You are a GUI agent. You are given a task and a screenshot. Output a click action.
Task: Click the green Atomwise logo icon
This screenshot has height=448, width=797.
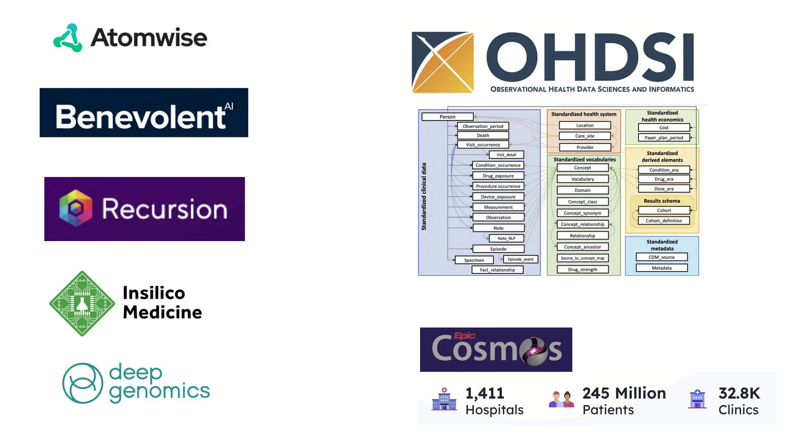coord(68,38)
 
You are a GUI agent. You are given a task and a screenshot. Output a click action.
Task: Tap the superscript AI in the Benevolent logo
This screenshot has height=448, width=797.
coord(229,106)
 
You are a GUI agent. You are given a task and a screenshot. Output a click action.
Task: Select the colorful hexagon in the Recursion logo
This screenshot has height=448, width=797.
coord(76,208)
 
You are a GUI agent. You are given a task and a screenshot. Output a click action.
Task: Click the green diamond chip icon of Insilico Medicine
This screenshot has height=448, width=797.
coord(82,304)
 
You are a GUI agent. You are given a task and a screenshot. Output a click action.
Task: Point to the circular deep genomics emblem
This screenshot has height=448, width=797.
coord(83,383)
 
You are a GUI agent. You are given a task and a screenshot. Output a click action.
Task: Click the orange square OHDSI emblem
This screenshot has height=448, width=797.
coord(442,63)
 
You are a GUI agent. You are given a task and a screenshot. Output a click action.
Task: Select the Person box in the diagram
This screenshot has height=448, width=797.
coord(448,117)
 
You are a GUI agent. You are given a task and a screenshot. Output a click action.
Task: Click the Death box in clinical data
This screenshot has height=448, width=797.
coord(483,135)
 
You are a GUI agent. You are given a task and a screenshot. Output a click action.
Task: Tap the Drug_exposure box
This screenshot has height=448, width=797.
coord(498,176)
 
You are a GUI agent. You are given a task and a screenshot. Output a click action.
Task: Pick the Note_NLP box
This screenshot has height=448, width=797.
coord(506,238)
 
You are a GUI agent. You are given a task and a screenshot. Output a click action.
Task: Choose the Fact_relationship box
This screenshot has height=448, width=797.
coord(497,270)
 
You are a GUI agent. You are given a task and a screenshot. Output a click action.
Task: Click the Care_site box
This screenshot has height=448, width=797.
coord(585,136)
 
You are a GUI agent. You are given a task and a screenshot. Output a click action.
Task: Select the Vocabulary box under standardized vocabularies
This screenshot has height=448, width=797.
coord(583,179)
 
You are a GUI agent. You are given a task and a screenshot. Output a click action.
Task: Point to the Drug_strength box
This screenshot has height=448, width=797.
coord(583,269)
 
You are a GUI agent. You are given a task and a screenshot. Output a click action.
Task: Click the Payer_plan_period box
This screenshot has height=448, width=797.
coord(664,138)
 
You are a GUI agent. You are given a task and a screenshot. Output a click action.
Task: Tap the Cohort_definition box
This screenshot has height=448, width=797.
coord(664,220)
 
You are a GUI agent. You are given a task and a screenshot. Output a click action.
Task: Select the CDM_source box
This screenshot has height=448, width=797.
coord(662,257)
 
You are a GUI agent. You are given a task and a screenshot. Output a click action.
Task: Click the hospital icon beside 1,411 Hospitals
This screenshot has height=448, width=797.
coord(444,399)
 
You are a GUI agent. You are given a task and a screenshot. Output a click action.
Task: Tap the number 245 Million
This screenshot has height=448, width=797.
coord(624,393)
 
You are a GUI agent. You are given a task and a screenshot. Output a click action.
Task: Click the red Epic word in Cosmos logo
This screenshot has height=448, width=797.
coord(465,336)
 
